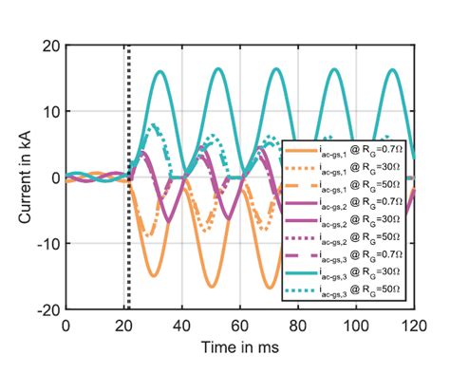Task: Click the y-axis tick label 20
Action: pyautogui.click(x=50, y=46)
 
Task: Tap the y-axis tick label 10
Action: pyautogui.click(x=50, y=112)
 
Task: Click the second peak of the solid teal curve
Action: pyautogui.click(x=219, y=68)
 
